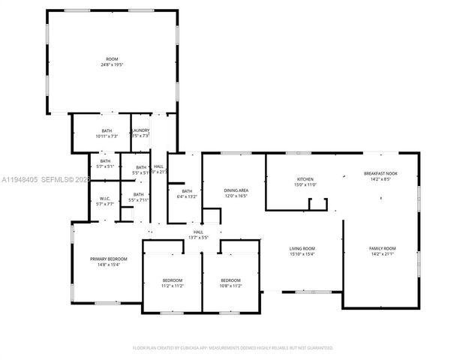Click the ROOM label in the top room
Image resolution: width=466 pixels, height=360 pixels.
pos(112,58)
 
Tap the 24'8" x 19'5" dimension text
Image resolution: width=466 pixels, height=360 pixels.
pos(112,64)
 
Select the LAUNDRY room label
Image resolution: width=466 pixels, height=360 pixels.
pos(140,130)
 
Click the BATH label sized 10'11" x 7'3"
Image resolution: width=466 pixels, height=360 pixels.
pos(107,130)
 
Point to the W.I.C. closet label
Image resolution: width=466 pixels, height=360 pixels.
pos(105,199)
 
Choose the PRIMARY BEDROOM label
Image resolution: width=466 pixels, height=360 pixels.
pos(109,259)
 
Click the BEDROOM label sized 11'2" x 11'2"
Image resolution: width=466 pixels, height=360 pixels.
pos(173,280)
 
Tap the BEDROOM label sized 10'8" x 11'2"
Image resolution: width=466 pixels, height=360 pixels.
pos(230,280)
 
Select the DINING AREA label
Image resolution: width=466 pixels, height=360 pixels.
pos(236,190)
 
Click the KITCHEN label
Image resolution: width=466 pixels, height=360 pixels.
pos(305,179)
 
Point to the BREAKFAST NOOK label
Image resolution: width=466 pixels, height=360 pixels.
pos(380,173)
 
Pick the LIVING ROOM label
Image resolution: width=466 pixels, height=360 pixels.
pos(302,248)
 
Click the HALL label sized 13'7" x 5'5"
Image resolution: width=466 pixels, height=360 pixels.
pos(198,232)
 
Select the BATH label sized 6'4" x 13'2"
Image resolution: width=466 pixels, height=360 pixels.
pos(186,190)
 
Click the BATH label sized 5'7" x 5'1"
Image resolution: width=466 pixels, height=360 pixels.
pos(105,160)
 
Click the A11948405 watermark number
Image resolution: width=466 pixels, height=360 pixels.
pos(20,180)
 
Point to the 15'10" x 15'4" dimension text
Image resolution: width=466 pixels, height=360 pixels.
pos(302,254)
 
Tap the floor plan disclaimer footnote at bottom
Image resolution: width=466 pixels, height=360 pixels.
pos(233,348)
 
